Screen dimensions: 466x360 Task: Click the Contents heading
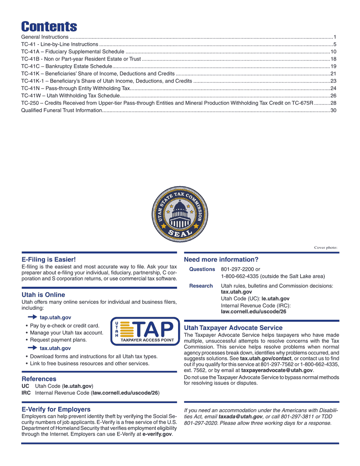(x=49, y=27)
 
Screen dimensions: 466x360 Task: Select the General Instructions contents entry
(x=45, y=37)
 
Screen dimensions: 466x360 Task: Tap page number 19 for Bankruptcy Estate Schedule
(x=333, y=67)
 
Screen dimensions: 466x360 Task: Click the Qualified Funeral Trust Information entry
(x=61, y=111)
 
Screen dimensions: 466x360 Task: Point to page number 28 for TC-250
(x=333, y=103)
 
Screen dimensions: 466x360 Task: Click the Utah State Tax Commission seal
(x=180, y=214)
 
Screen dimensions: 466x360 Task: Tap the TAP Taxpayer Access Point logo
(x=145, y=332)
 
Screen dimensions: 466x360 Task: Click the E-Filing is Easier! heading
(x=49, y=260)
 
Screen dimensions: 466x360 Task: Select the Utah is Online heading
(x=43, y=295)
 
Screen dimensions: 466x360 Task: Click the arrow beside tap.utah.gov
(x=32, y=317)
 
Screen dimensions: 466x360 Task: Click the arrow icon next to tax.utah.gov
(x=32, y=348)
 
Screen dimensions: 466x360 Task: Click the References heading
(x=39, y=379)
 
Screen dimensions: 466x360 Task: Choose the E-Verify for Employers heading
(x=56, y=410)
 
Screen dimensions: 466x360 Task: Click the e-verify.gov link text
(x=157, y=435)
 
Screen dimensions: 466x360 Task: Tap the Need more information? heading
(x=221, y=260)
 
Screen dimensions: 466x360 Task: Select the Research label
(x=201, y=286)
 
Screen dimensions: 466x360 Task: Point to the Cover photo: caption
(x=326, y=248)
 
